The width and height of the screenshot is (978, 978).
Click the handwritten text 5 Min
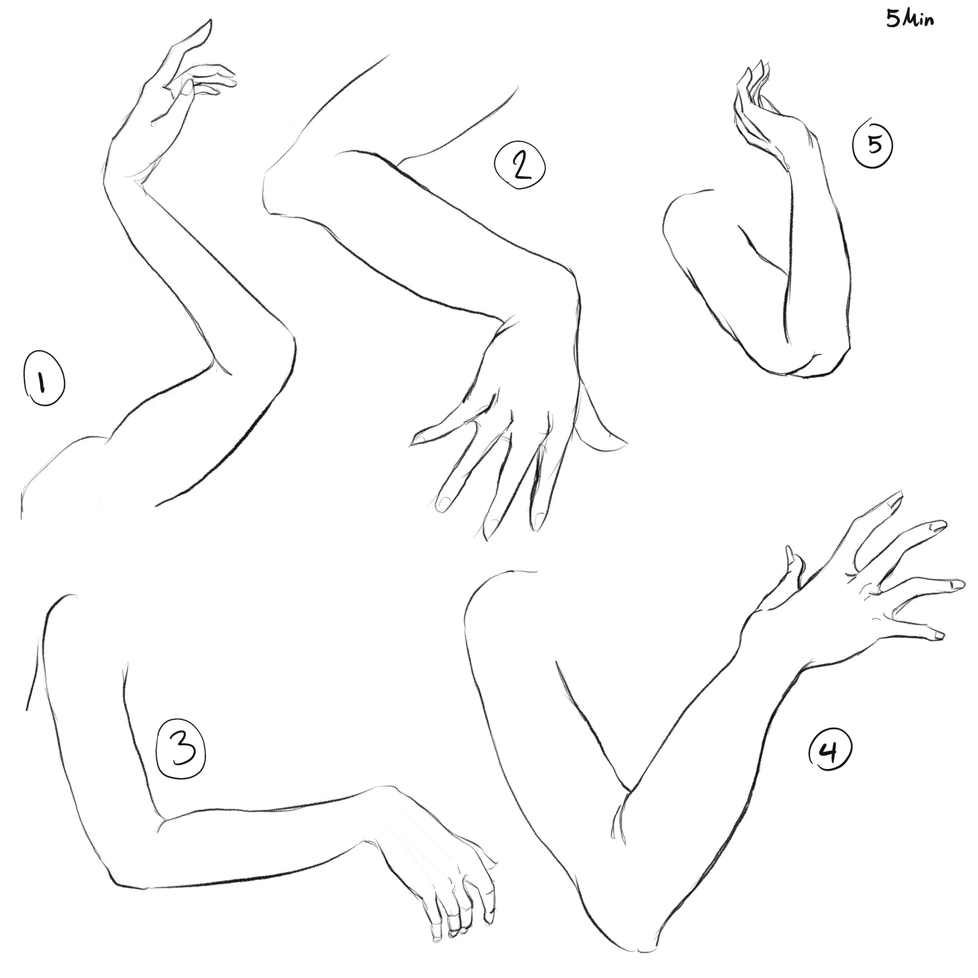point(910,19)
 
